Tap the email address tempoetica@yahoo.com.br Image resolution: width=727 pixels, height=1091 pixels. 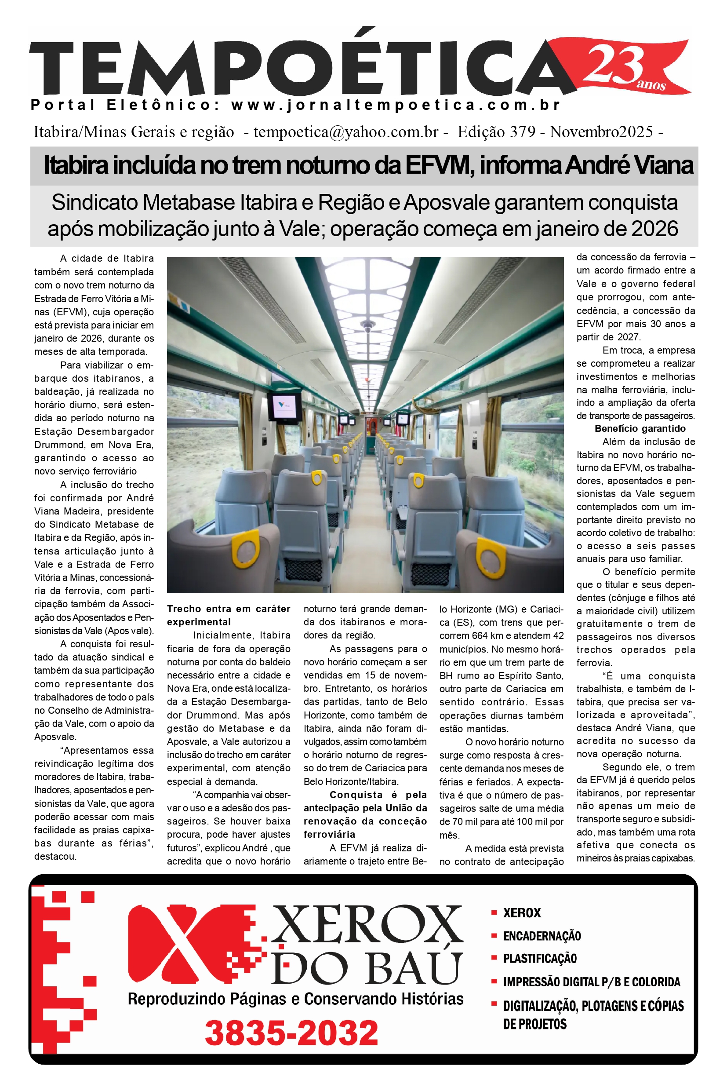346,132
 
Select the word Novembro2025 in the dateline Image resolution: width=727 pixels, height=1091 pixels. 601,132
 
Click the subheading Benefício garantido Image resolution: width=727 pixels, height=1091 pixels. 640,429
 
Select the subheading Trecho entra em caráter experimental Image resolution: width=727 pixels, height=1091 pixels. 229,615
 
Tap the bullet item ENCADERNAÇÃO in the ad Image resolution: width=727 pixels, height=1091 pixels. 542,936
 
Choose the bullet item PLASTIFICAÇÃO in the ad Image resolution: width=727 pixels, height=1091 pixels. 540,958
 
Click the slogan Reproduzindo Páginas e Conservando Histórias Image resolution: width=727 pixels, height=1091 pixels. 295,999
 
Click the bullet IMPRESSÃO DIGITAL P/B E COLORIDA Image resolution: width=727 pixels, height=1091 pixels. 591,982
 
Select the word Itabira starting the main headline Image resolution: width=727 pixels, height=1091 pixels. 74,166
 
